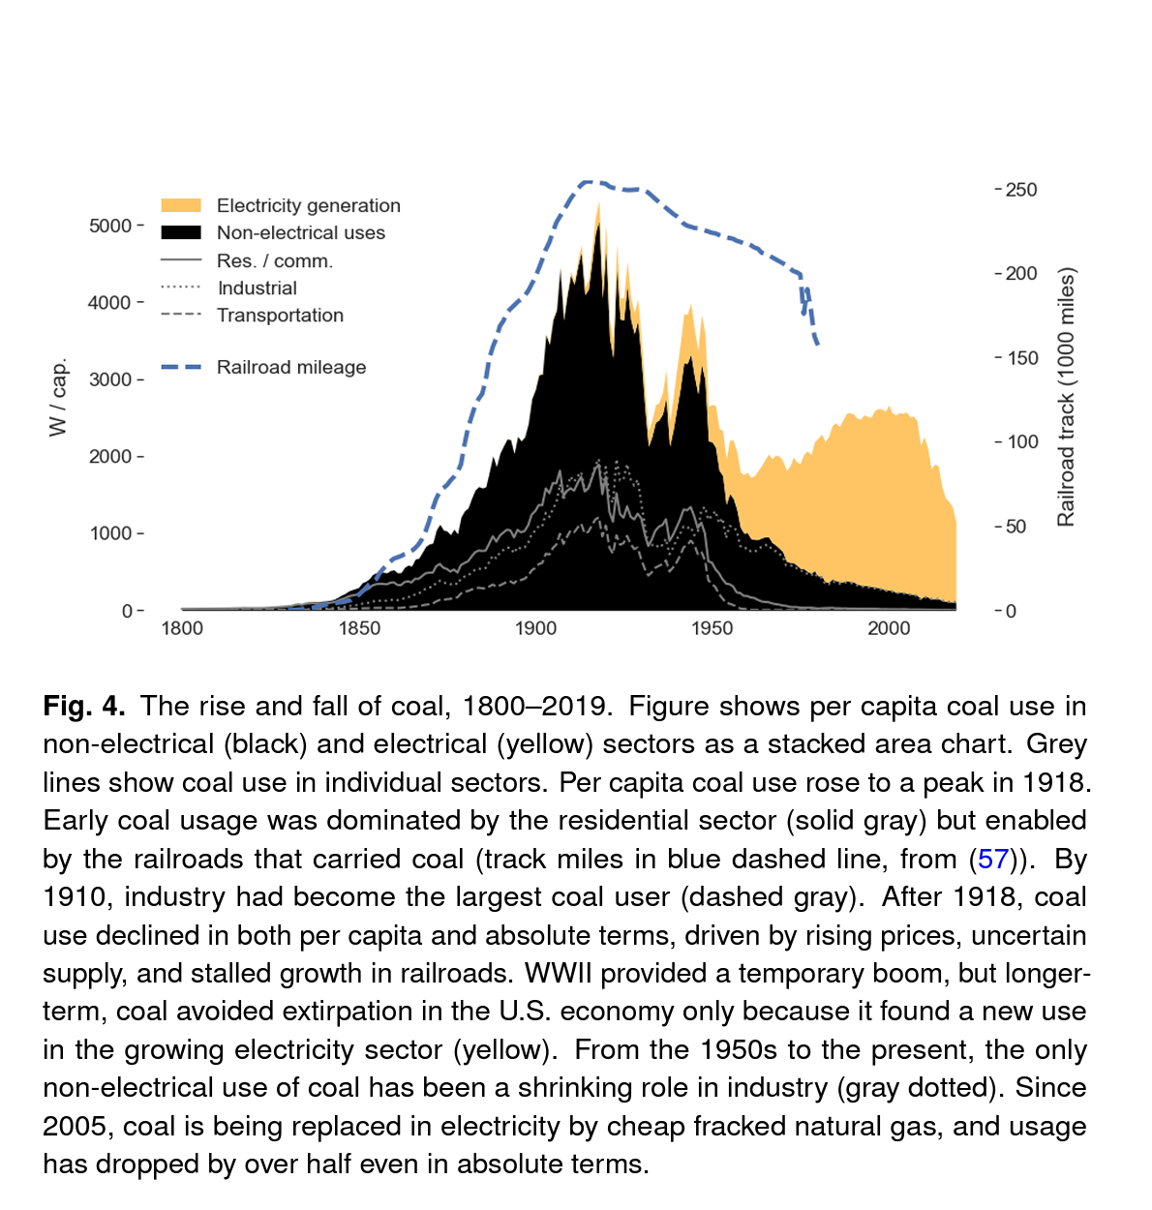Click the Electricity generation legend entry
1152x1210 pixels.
pos(308,205)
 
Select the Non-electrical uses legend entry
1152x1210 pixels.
pos(300,232)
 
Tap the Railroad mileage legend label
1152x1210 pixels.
pos(291,367)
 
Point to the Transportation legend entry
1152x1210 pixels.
pos(280,315)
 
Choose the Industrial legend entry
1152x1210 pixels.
pos(257,287)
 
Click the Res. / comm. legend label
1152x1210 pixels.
pos(274,260)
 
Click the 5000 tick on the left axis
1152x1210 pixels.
pos(110,226)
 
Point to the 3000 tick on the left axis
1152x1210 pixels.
pos(110,379)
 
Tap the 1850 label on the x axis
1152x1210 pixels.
pos(359,628)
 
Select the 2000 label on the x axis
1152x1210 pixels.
pos(889,628)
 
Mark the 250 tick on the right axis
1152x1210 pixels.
pos(1020,190)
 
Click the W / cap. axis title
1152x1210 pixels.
pos(59,397)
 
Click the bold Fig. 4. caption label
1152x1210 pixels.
pos(84,706)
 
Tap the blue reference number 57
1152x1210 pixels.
pos(993,859)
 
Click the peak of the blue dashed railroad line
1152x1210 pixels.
pos(590,181)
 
